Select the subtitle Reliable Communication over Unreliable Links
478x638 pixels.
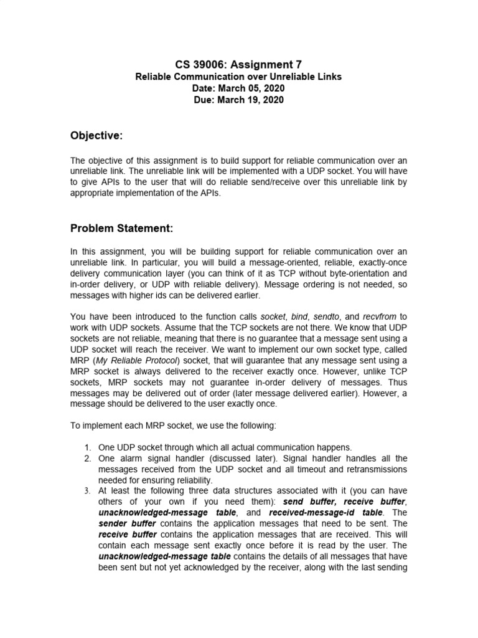pyautogui.click(x=239, y=77)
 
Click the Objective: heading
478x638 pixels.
pyautogui.click(x=96, y=136)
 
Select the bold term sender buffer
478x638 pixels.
pyautogui.click(x=128, y=523)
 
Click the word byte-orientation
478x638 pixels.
pyautogui.click(x=342, y=273)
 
